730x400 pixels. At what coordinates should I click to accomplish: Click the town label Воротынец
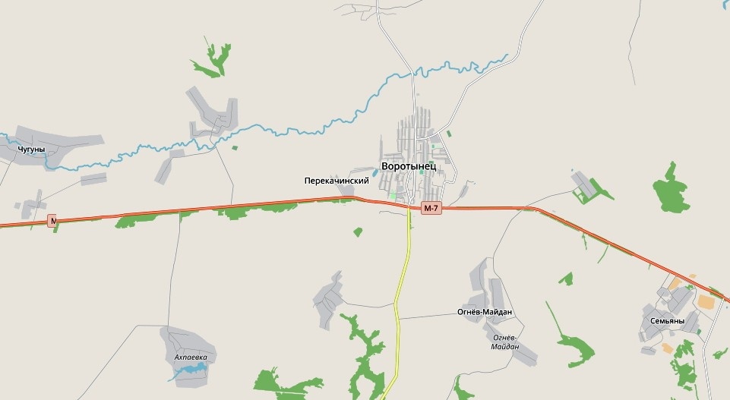pos(409,166)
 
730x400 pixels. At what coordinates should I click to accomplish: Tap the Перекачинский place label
pos(336,181)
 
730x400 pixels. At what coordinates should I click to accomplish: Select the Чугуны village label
pos(31,150)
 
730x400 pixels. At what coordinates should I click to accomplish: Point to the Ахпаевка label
pos(191,357)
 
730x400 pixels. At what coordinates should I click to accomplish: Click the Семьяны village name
pos(667,321)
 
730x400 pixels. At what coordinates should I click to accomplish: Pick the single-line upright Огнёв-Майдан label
pos(485,312)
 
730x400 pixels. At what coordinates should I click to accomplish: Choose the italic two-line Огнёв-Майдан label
pos(505,342)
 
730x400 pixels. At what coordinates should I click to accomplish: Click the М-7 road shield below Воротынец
pos(431,208)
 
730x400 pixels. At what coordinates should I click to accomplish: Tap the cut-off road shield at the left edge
pos(53,220)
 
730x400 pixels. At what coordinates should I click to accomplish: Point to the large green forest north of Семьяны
pos(672,188)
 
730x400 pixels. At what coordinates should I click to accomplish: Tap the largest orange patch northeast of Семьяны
pos(706,301)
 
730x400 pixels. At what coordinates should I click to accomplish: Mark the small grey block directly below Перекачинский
pos(349,191)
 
